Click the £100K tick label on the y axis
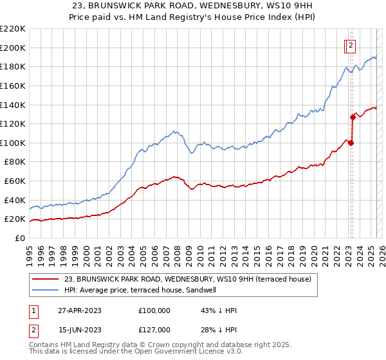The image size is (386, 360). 12,143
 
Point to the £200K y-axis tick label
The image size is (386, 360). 12,48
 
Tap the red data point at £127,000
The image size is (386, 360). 353,117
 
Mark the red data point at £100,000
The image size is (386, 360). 351,143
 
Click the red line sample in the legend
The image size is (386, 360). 46,279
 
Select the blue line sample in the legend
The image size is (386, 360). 46,290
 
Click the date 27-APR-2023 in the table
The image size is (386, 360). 79,310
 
